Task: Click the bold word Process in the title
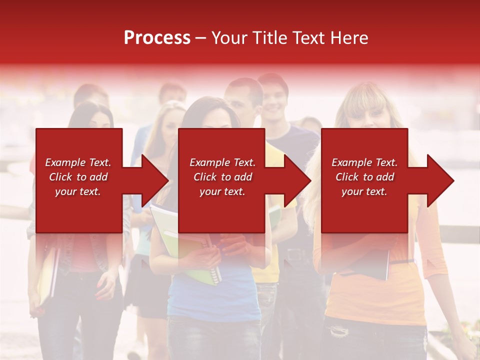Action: click(x=157, y=38)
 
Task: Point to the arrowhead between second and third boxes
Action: click(x=297, y=180)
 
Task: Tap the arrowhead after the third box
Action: click(x=439, y=180)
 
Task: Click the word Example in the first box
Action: click(x=65, y=162)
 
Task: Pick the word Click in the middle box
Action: click(x=206, y=177)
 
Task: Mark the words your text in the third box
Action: click(x=364, y=191)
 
